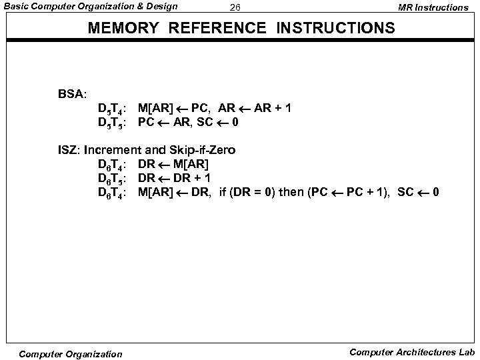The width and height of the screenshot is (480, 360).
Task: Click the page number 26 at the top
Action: click(234, 8)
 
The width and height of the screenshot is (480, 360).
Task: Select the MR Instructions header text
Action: click(433, 7)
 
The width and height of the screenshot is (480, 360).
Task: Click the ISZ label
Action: click(69, 150)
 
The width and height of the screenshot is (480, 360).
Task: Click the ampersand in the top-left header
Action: click(136, 7)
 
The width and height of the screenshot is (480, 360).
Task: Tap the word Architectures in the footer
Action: click(423, 351)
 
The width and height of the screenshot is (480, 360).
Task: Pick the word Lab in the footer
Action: click(465, 351)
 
